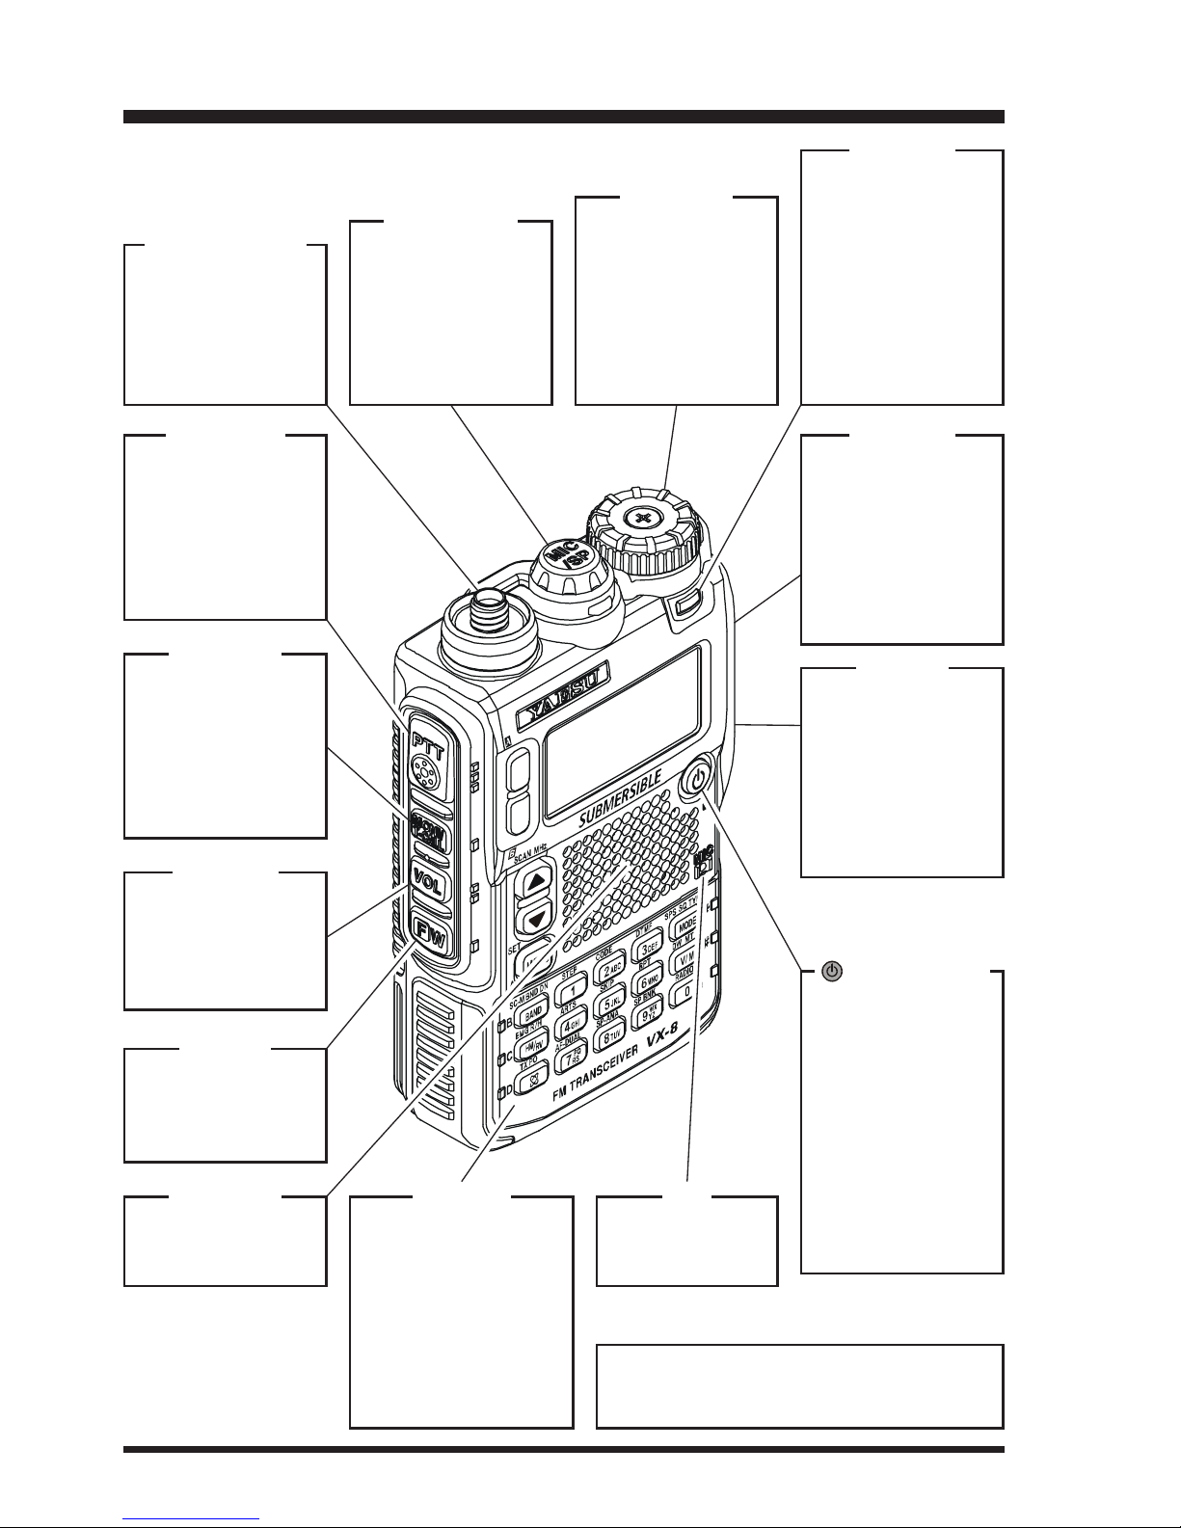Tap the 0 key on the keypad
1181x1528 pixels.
click(685, 991)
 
